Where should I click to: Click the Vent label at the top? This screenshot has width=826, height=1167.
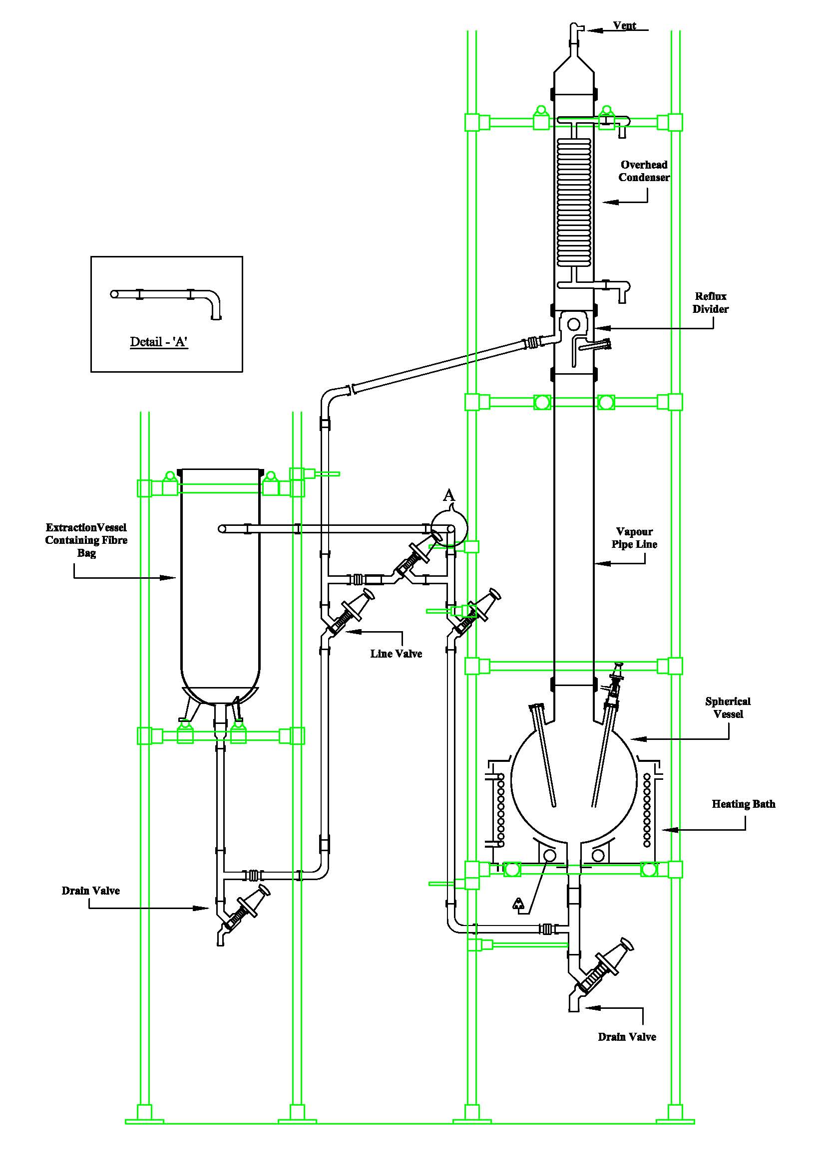(624, 26)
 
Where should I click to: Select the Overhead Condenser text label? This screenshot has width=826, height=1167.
(643, 171)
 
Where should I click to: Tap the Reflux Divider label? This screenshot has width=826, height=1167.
(710, 302)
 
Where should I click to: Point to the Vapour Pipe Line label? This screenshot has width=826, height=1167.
(634, 538)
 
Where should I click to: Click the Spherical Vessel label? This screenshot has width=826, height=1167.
(727, 707)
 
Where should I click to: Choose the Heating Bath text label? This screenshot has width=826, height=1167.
(743, 804)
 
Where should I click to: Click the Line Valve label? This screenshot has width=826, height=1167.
(396, 654)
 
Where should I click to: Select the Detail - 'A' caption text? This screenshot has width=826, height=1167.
(159, 342)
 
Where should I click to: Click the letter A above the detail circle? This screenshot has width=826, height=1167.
(448, 494)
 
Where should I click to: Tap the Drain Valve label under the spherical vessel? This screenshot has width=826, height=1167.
(627, 1037)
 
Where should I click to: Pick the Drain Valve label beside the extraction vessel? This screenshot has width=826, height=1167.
(90, 891)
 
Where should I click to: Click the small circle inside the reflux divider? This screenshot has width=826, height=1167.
(574, 324)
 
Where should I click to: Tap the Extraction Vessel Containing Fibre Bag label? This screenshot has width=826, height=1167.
(86, 540)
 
